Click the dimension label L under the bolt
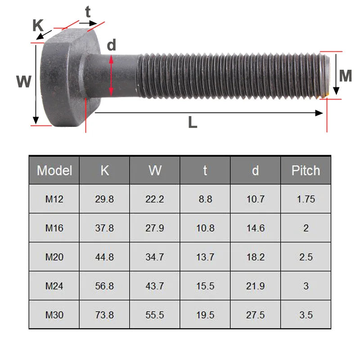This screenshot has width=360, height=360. click(192, 122)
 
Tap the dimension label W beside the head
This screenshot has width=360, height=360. click(23, 81)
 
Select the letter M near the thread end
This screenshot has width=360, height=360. click(345, 76)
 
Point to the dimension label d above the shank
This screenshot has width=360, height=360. click(112, 45)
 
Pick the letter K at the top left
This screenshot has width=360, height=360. click(38, 26)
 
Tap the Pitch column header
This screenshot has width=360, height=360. click(306, 171)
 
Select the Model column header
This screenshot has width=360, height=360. click(54, 171)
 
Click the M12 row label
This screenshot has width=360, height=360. click(54, 199)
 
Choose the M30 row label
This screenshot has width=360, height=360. click(54, 315)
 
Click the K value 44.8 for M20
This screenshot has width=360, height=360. click(104, 257)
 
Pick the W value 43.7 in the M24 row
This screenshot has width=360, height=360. click(155, 286)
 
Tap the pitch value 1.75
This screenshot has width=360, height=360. click(306, 199)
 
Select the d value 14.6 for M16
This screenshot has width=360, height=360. click(255, 228)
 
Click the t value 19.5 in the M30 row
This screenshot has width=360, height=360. click(205, 315)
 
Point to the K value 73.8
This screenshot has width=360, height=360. click(104, 315)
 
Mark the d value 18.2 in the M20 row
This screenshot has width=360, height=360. click(255, 257)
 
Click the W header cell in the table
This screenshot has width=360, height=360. click(155, 171)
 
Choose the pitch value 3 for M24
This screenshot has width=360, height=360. click(306, 286)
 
